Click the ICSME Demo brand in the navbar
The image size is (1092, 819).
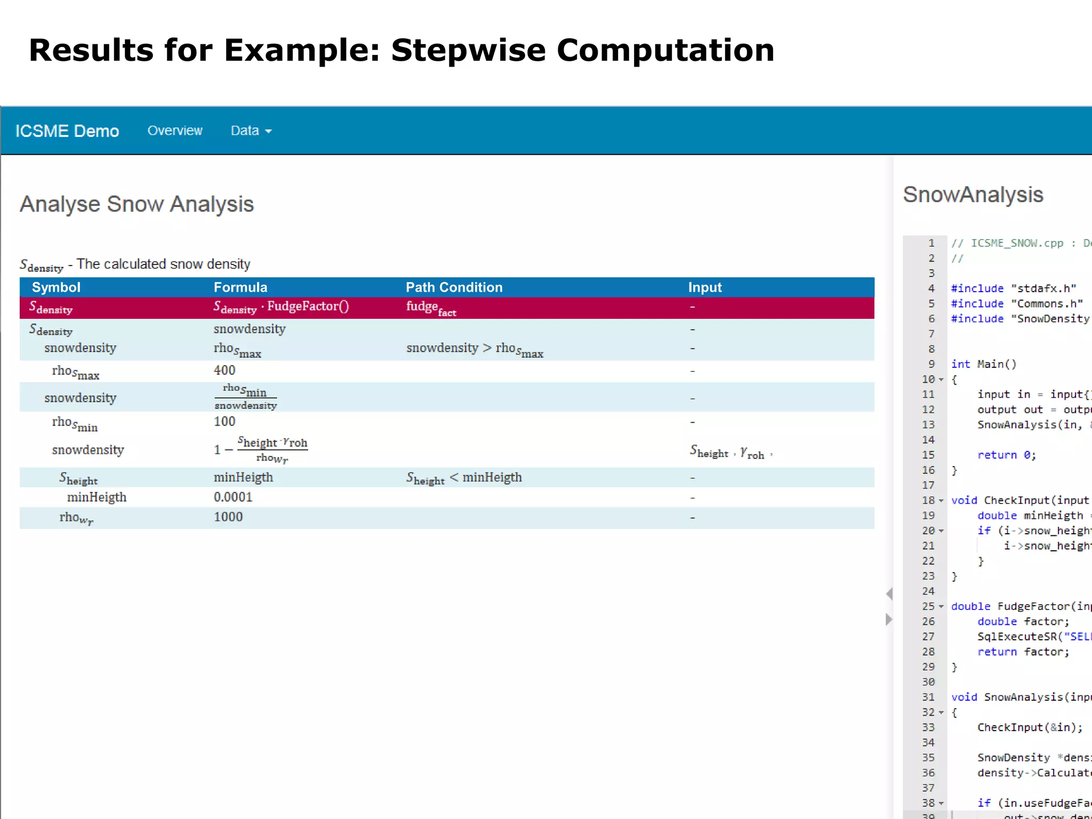pos(67,131)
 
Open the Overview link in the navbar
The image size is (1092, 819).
pos(175,131)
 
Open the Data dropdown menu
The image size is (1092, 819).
pos(251,131)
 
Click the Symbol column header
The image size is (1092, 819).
pos(56,287)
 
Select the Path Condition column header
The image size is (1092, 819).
pos(454,287)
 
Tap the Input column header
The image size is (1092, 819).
pos(704,287)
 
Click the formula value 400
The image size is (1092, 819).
pos(224,370)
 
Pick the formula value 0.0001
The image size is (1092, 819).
pos(233,497)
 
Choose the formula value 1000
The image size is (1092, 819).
pos(228,517)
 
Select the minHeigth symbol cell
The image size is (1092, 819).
pos(97,497)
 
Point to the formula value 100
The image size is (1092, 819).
pos(224,421)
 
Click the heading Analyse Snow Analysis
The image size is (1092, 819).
pos(136,204)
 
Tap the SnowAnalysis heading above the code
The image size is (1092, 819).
pos(973,195)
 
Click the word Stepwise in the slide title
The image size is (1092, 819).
pos(469,50)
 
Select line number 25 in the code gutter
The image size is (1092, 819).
pos(928,606)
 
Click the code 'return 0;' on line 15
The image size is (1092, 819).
pos(1006,455)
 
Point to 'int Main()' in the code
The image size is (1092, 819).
pos(984,364)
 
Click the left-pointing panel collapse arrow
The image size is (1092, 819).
pos(889,593)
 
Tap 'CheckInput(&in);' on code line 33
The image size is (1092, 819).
pos(1030,727)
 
